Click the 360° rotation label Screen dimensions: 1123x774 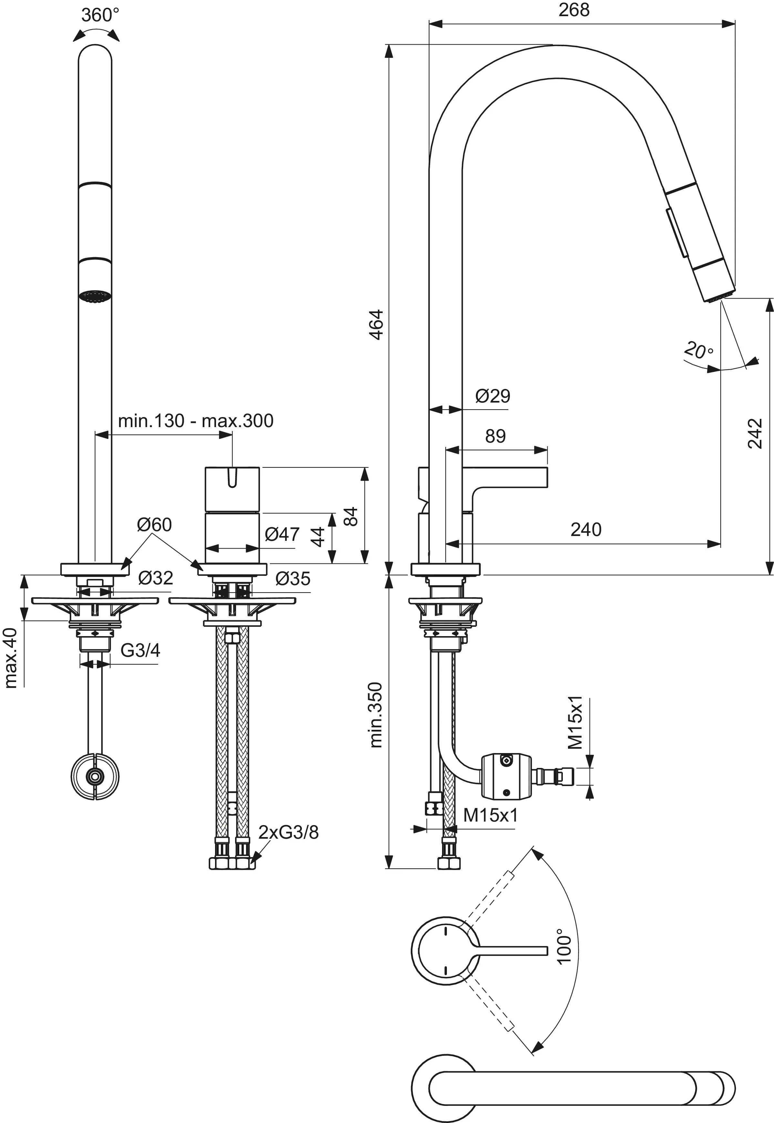click(100, 15)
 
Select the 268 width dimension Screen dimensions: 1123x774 click(574, 10)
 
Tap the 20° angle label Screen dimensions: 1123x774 click(698, 350)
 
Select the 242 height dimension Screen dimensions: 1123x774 click(755, 433)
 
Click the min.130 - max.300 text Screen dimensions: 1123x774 click(195, 421)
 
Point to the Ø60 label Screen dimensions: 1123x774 click(154, 524)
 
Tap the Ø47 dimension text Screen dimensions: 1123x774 click(282, 534)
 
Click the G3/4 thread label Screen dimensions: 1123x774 click(140, 650)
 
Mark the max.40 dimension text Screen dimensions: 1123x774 click(11, 658)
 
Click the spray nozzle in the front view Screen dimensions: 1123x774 click(95, 296)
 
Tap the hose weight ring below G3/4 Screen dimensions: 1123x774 click(95, 776)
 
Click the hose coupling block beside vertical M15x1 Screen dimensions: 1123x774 click(506, 776)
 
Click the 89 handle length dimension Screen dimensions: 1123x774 click(495, 436)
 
